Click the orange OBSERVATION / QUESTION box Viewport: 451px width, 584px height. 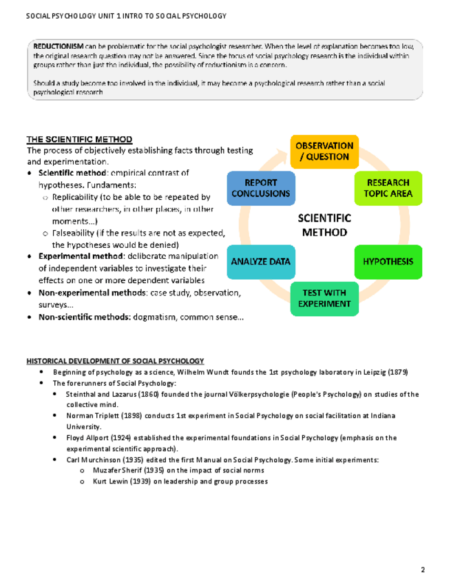324,152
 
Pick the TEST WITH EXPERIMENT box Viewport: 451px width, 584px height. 324,298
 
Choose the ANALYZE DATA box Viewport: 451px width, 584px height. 260,262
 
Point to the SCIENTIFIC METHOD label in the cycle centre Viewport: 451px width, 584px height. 324,225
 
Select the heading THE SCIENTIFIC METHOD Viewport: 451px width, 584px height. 79,140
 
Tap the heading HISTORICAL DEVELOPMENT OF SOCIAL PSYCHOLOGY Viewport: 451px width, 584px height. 115,361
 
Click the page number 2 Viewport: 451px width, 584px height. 423,569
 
